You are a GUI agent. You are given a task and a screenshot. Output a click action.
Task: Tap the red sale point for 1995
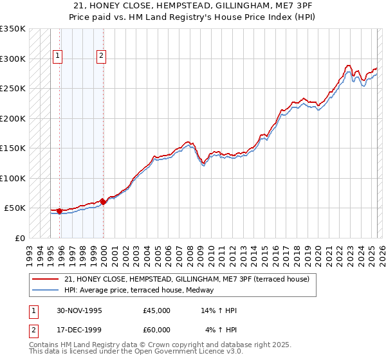(59, 211)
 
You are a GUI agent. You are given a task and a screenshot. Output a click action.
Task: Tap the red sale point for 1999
(103, 202)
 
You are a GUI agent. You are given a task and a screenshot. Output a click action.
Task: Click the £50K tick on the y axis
(15, 208)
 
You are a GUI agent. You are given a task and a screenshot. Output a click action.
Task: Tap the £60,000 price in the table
(157, 330)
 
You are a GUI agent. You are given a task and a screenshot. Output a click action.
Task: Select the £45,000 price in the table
(157, 310)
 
